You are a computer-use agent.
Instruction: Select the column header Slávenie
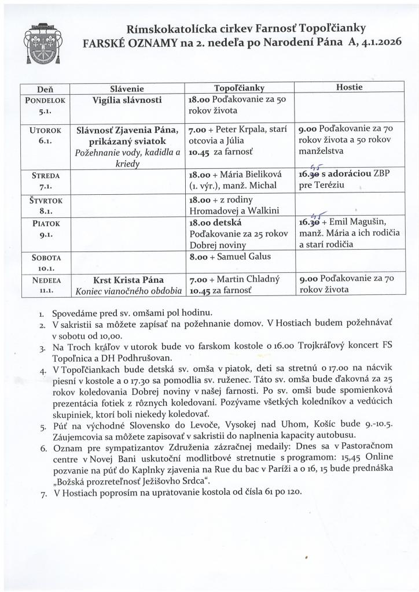pyautogui.click(x=126, y=88)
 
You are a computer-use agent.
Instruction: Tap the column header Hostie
pyautogui.click(x=349, y=87)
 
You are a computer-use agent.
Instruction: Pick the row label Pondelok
pyautogui.click(x=45, y=99)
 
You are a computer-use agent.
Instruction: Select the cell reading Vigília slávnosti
pyautogui.click(x=127, y=99)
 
